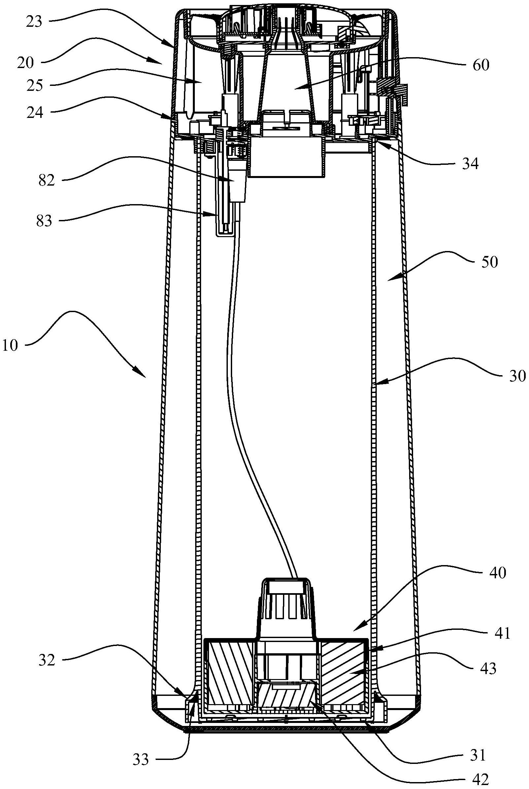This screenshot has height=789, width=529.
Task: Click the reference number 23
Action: pos(34,22)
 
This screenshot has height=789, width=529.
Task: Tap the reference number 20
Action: pos(26,63)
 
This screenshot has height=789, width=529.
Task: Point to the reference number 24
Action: pos(35,113)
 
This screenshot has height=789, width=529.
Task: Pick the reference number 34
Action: pos(470,164)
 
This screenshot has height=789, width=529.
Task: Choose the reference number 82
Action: pos(46,181)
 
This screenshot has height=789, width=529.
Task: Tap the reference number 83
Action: pos(45,221)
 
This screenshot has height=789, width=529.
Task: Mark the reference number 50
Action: pos(489,262)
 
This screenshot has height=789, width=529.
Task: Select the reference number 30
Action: pos(517,376)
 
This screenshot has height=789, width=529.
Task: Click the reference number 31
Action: pos(478,744)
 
